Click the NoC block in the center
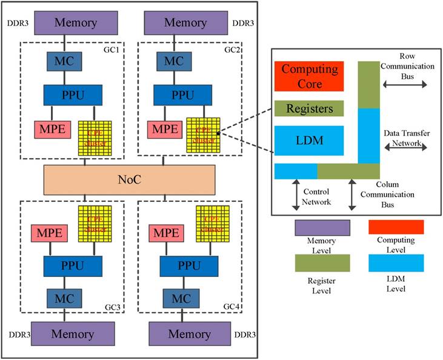click(129, 179)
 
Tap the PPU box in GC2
click(182, 95)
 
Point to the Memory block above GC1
click(76, 23)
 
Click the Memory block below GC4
click(190, 334)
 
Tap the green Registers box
click(309, 108)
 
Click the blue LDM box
click(309, 141)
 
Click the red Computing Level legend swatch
click(396, 227)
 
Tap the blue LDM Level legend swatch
click(396, 262)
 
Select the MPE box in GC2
click(162, 128)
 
